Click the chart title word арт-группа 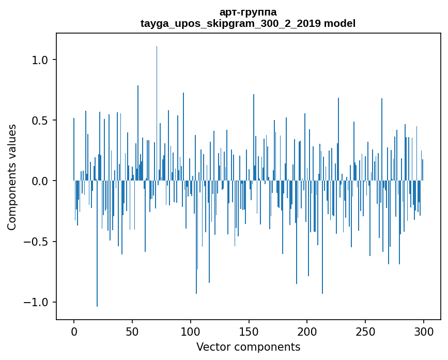248,12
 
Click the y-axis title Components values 12,177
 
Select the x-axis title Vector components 248,347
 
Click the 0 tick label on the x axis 74,332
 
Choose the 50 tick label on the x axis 132,332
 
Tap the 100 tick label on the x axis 191,332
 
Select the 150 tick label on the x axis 249,332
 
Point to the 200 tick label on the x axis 307,332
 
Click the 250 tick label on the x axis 365,332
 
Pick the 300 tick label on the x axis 424,332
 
